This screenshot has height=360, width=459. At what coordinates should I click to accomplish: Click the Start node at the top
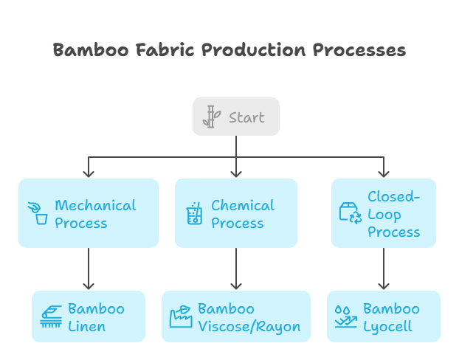(236, 117)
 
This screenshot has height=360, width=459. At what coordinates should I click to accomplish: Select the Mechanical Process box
(89, 213)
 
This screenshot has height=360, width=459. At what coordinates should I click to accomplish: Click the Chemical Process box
(236, 213)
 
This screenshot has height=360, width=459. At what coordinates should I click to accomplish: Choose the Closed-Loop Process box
(383, 213)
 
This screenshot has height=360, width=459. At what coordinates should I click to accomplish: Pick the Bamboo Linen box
(89, 316)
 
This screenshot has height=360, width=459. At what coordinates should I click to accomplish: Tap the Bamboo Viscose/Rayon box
(236, 316)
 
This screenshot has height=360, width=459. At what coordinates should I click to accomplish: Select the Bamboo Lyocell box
(383, 316)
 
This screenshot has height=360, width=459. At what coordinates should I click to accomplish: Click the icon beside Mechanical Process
(38, 213)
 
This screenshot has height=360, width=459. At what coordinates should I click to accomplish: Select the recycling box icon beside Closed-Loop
(350, 213)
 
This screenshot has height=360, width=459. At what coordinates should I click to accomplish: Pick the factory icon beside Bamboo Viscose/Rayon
(181, 316)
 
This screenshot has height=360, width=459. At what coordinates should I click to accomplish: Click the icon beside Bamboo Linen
(51, 316)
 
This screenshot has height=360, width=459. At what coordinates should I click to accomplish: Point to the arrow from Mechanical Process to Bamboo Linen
(89, 269)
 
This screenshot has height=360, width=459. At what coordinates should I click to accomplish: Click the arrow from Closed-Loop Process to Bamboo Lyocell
(383, 269)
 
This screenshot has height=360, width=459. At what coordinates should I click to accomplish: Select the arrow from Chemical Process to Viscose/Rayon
(236, 269)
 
